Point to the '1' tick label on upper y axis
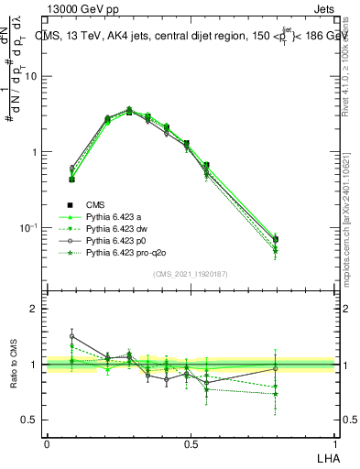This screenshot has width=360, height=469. tap(35, 152)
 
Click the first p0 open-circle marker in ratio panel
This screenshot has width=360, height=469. tap(72, 336)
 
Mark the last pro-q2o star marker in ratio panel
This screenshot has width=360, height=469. tap(275, 394)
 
